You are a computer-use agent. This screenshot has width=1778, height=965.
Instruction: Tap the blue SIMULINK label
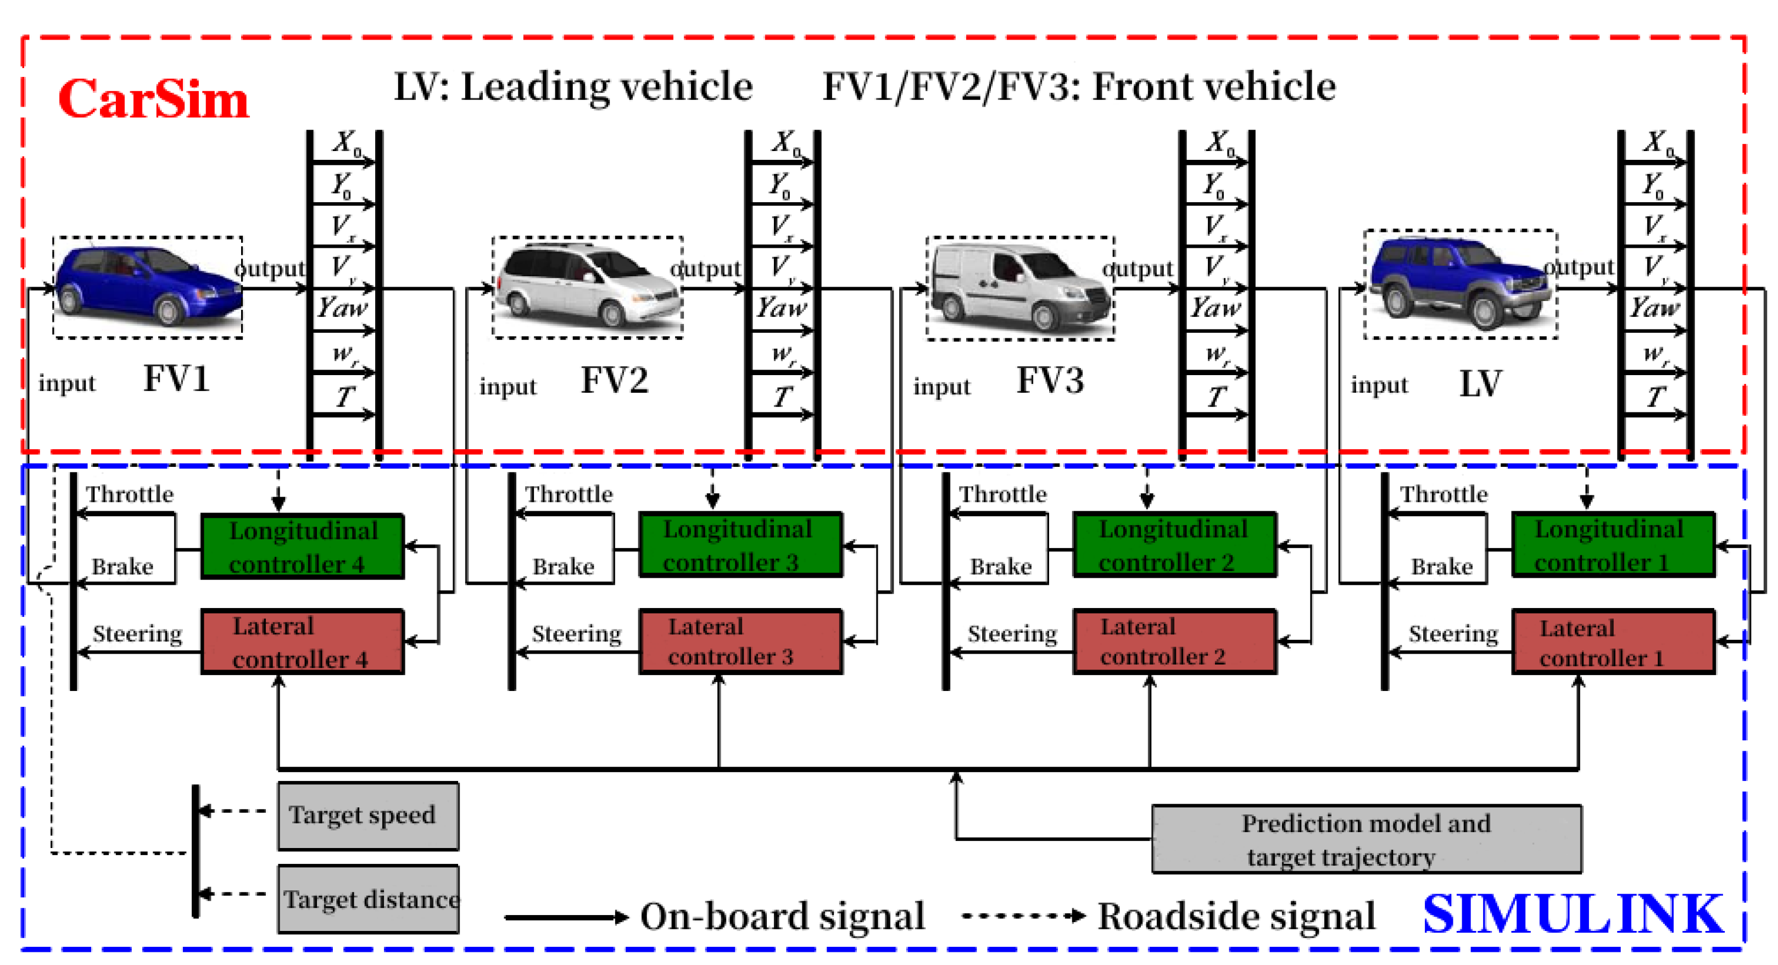tap(1573, 914)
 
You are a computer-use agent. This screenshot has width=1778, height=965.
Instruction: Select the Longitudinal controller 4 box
tap(302, 546)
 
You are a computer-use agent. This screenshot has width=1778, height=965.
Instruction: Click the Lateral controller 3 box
tap(740, 642)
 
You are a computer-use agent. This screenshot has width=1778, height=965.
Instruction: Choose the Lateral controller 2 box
tap(1173, 642)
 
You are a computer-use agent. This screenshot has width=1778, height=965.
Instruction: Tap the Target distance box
tap(369, 900)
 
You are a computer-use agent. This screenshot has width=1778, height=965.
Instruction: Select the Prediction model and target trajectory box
tap(1366, 839)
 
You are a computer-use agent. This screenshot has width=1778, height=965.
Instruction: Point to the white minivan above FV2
tap(587, 287)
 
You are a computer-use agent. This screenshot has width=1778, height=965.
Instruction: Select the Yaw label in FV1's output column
tap(342, 307)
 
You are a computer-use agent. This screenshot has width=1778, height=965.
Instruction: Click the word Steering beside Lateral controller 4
tap(137, 634)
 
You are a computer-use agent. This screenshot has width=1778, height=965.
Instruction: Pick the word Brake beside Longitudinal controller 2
tap(1000, 567)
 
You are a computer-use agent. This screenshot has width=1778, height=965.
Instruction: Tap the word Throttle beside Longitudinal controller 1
tap(1443, 494)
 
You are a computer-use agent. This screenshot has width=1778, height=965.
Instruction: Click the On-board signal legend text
tap(782, 917)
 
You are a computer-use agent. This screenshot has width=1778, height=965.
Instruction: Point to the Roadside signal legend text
tap(1236, 917)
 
